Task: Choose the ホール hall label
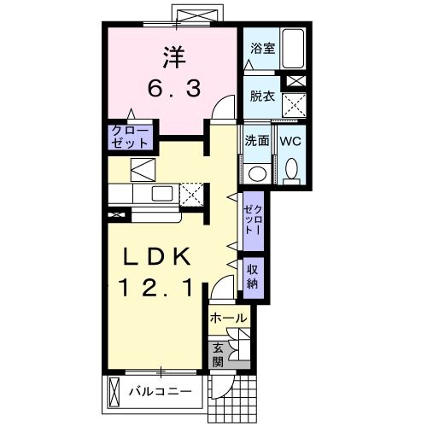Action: click(229, 318)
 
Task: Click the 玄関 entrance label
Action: click(219, 354)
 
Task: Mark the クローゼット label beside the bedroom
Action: click(130, 137)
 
